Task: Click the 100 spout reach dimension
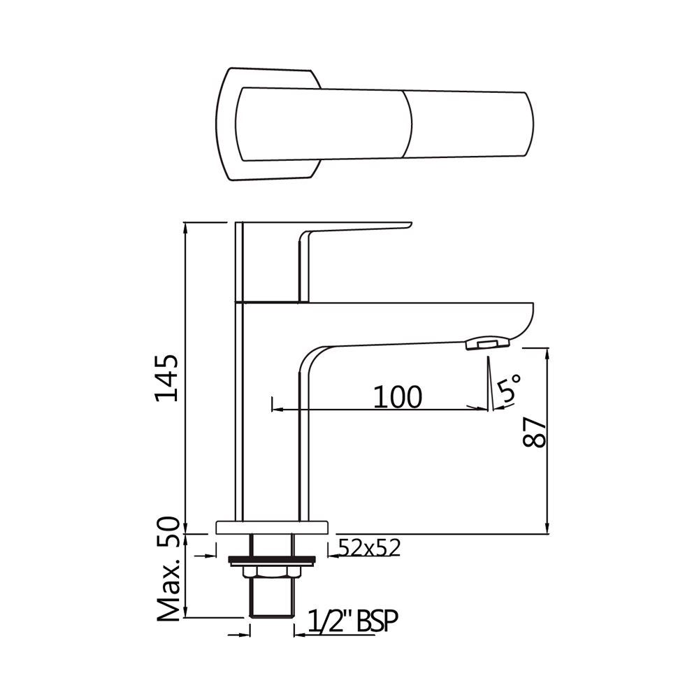tap(397, 396)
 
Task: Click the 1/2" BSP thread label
tap(347, 620)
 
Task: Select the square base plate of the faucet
tap(272, 526)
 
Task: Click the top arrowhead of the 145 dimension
tap(185, 227)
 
